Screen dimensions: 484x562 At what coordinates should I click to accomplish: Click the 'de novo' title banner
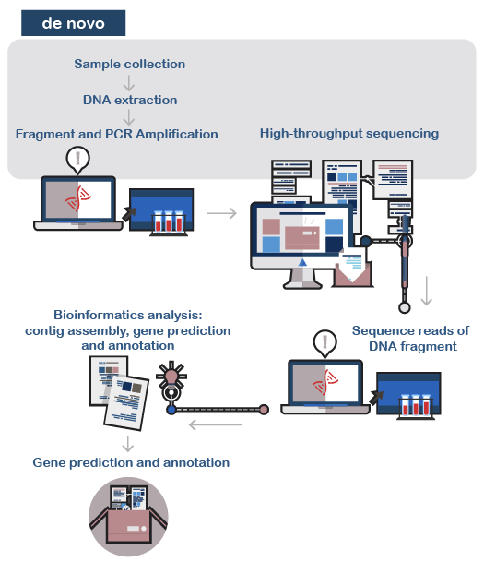(x=74, y=23)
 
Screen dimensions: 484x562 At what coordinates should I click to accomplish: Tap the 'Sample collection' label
(x=130, y=65)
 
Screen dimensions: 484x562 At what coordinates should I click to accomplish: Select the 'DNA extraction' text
(x=130, y=100)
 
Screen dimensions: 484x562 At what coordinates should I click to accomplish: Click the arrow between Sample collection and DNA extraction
(x=129, y=83)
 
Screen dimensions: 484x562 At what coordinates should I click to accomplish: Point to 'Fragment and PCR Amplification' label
(x=117, y=134)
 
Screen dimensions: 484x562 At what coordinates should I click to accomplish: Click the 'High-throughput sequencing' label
(x=349, y=133)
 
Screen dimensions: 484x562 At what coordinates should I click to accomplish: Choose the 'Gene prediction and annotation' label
(x=131, y=462)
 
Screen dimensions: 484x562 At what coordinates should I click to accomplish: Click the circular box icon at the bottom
(x=128, y=517)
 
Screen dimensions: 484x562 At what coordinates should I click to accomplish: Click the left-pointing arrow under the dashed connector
(x=216, y=425)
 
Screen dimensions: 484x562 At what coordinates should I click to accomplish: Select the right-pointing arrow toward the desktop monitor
(x=222, y=213)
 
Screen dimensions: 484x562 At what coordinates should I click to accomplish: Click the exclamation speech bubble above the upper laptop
(x=78, y=160)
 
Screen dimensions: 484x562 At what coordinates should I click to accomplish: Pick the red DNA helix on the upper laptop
(x=78, y=197)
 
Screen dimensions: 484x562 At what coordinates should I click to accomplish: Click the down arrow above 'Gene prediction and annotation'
(x=128, y=444)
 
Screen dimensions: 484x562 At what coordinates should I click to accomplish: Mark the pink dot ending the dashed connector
(x=264, y=410)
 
